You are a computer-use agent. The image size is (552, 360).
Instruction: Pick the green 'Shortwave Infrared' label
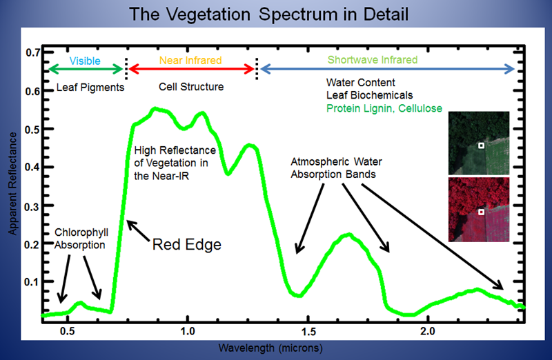(382, 61)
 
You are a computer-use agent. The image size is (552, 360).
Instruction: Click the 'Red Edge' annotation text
(186, 244)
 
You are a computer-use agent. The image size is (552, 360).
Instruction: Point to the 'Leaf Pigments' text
(81, 88)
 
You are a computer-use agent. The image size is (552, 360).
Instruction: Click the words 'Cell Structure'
(191, 88)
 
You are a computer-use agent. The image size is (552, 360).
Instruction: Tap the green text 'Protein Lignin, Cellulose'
(384, 109)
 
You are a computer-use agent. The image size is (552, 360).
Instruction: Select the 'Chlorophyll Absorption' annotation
(80, 238)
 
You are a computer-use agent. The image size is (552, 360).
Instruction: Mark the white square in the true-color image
(481, 146)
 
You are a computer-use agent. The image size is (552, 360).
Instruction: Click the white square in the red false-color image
(481, 213)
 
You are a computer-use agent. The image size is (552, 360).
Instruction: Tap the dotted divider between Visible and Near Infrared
(126, 68)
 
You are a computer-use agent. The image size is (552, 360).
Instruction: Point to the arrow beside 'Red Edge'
(137, 230)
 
